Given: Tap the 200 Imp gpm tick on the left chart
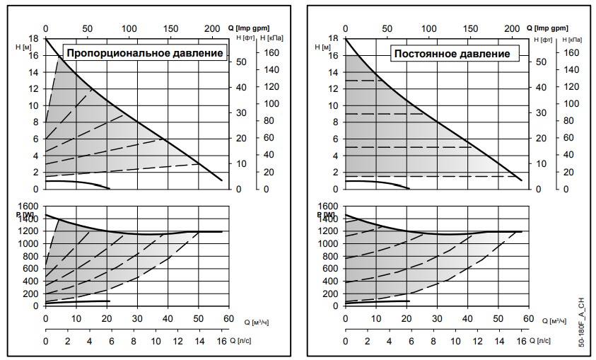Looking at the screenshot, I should (x=212, y=28).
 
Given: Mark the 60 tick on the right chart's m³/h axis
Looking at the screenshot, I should (x=527, y=320).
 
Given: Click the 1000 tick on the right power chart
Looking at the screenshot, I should (x=330, y=243).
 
